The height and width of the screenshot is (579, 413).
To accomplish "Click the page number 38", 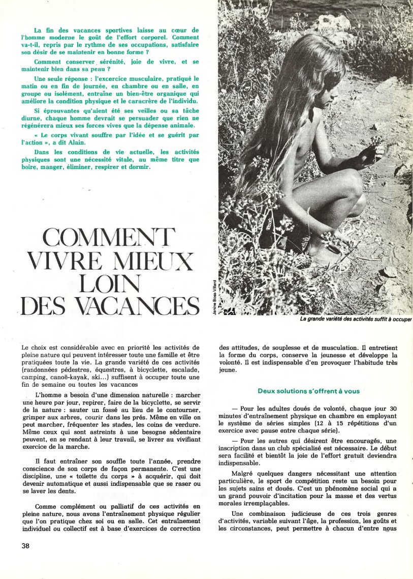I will pyautogui.click(x=26, y=546).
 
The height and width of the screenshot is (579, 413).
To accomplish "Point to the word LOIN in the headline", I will pyautogui.click(x=110, y=282).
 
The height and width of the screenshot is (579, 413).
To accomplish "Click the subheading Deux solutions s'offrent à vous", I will pyautogui.click(x=308, y=391).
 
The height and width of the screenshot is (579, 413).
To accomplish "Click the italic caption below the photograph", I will pyautogui.click(x=356, y=319).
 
